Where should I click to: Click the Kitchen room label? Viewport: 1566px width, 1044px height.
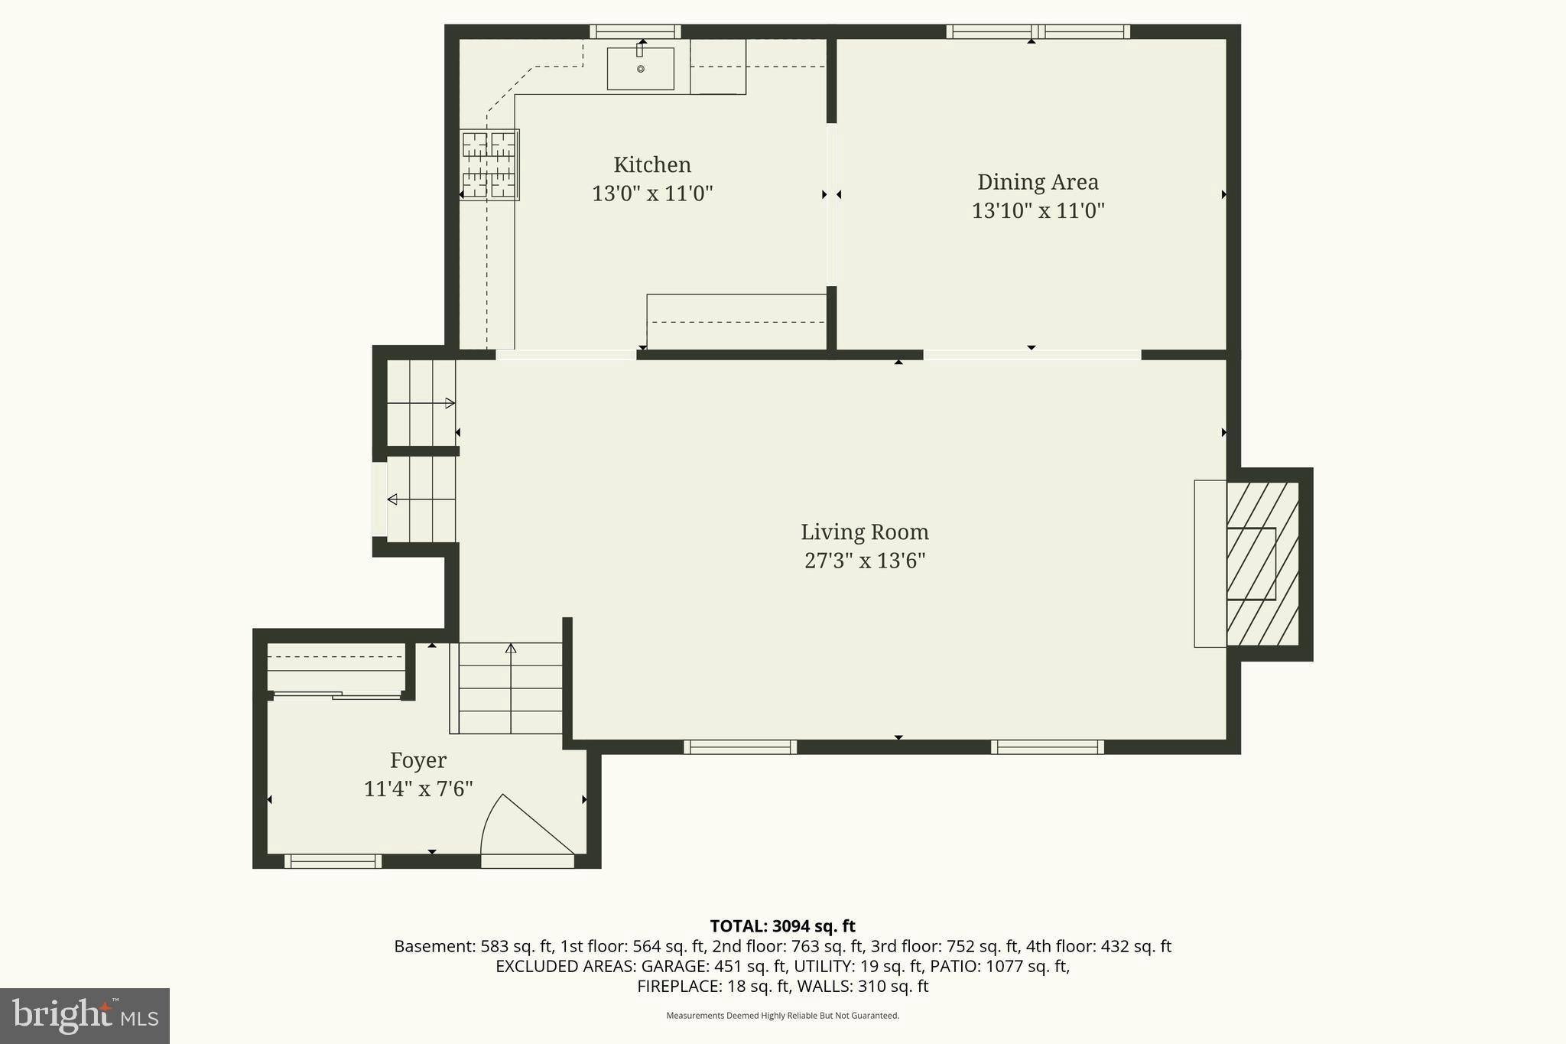pyautogui.click(x=651, y=164)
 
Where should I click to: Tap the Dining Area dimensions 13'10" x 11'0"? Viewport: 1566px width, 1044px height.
pyautogui.click(x=1038, y=210)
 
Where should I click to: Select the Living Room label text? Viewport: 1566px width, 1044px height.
pyautogui.click(x=864, y=532)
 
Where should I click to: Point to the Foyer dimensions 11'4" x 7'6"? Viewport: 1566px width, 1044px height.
pyautogui.click(x=418, y=789)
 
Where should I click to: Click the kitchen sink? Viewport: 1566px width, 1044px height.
pyautogui.click(x=640, y=69)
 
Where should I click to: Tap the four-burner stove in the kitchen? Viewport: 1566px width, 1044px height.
pyautogui.click(x=489, y=164)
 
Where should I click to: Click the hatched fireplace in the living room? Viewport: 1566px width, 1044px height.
pyautogui.click(x=1262, y=564)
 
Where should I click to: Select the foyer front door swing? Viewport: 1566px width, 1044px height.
pyautogui.click(x=526, y=830)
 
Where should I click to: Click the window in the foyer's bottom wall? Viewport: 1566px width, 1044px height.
pyautogui.click(x=333, y=861)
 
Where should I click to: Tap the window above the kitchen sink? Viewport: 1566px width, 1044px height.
pyautogui.click(x=635, y=31)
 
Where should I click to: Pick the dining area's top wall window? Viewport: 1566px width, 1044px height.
pyautogui.click(x=1038, y=31)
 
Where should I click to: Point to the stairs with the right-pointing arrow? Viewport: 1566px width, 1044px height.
pyautogui.click(x=421, y=403)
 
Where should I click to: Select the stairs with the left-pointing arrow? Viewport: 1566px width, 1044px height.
pyautogui.click(x=421, y=499)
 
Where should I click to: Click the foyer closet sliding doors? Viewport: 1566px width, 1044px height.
pyautogui.click(x=337, y=695)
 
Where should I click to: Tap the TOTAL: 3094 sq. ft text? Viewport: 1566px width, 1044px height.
pyautogui.click(x=782, y=926)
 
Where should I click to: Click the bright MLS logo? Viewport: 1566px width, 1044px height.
pyautogui.click(x=85, y=1016)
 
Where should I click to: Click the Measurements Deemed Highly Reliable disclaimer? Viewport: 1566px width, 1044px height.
pyautogui.click(x=782, y=1016)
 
